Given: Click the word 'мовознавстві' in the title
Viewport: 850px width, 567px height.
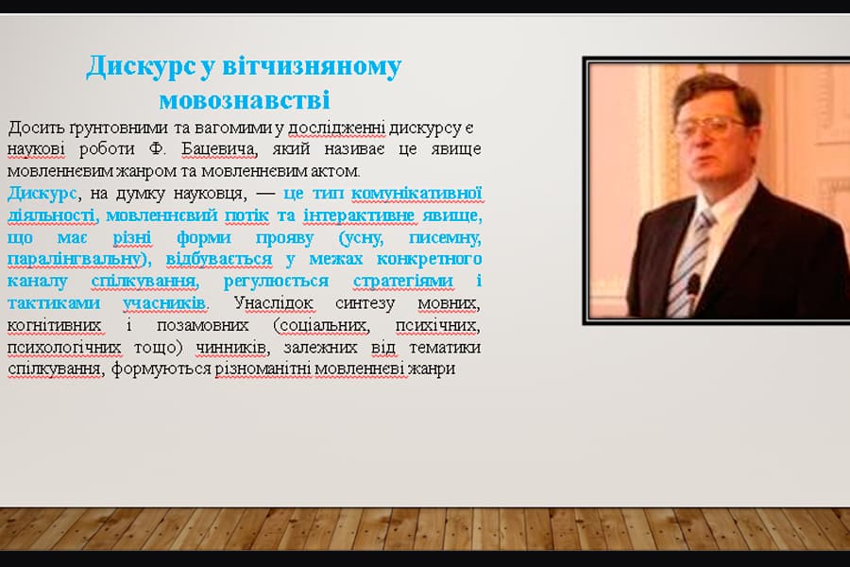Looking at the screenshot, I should point(244,99).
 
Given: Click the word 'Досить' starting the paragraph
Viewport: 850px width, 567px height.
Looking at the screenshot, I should point(31,128).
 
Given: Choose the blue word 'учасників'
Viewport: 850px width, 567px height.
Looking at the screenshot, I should point(164,302).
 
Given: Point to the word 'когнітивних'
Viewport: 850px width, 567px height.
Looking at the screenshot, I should point(52,325).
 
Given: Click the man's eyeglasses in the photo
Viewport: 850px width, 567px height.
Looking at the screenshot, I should point(709,126).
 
